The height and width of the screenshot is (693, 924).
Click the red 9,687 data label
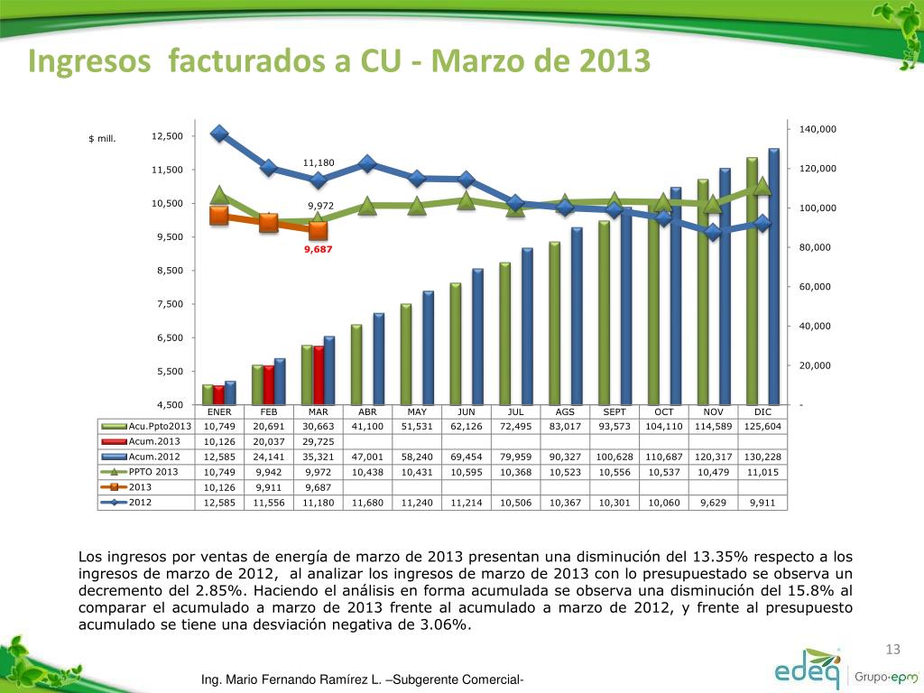coord(319,249)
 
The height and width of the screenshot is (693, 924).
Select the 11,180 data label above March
coord(319,162)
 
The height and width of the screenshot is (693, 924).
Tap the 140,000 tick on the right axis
coord(818,130)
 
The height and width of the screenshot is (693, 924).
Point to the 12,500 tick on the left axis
coord(167,136)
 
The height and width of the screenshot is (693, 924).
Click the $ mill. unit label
coord(102,139)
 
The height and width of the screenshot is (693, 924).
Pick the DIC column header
coord(762,412)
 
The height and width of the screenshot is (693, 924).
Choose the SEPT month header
coord(614,412)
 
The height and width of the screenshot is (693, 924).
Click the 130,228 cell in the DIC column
coord(762,457)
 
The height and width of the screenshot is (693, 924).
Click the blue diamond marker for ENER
coord(219,134)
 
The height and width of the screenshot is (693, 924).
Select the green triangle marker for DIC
coord(762,186)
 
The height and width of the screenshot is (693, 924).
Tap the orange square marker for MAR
coord(319,231)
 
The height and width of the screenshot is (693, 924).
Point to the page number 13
coord(893,651)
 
